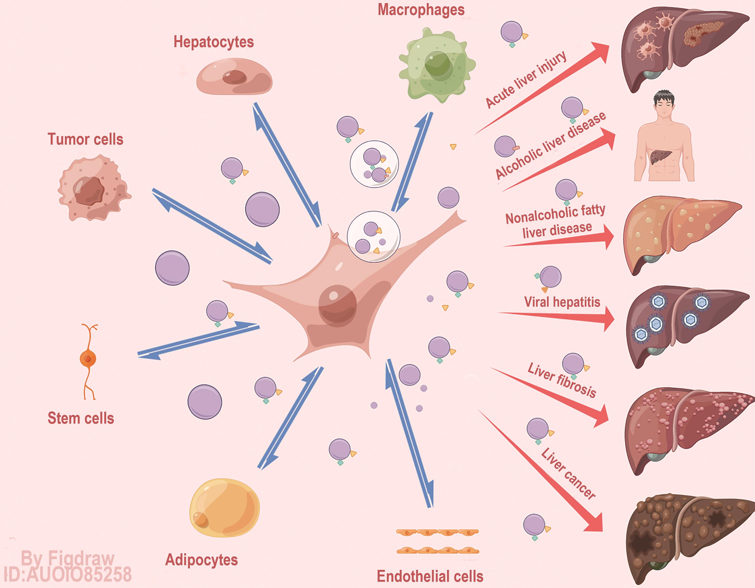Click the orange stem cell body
[88, 359]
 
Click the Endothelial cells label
[430, 576]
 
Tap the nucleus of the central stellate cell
[337, 305]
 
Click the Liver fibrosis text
[561, 381]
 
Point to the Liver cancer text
[568, 473]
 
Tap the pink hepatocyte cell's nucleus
[234, 77]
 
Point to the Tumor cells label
[85, 139]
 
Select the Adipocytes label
[201, 560]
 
